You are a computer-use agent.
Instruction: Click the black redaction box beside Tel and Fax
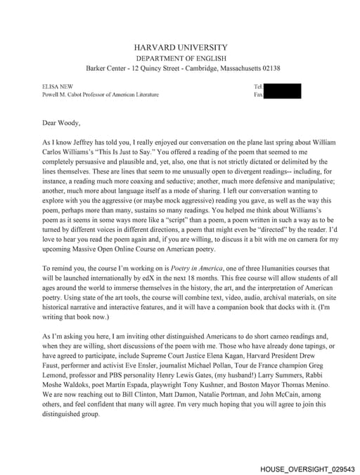tap(281, 91)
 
